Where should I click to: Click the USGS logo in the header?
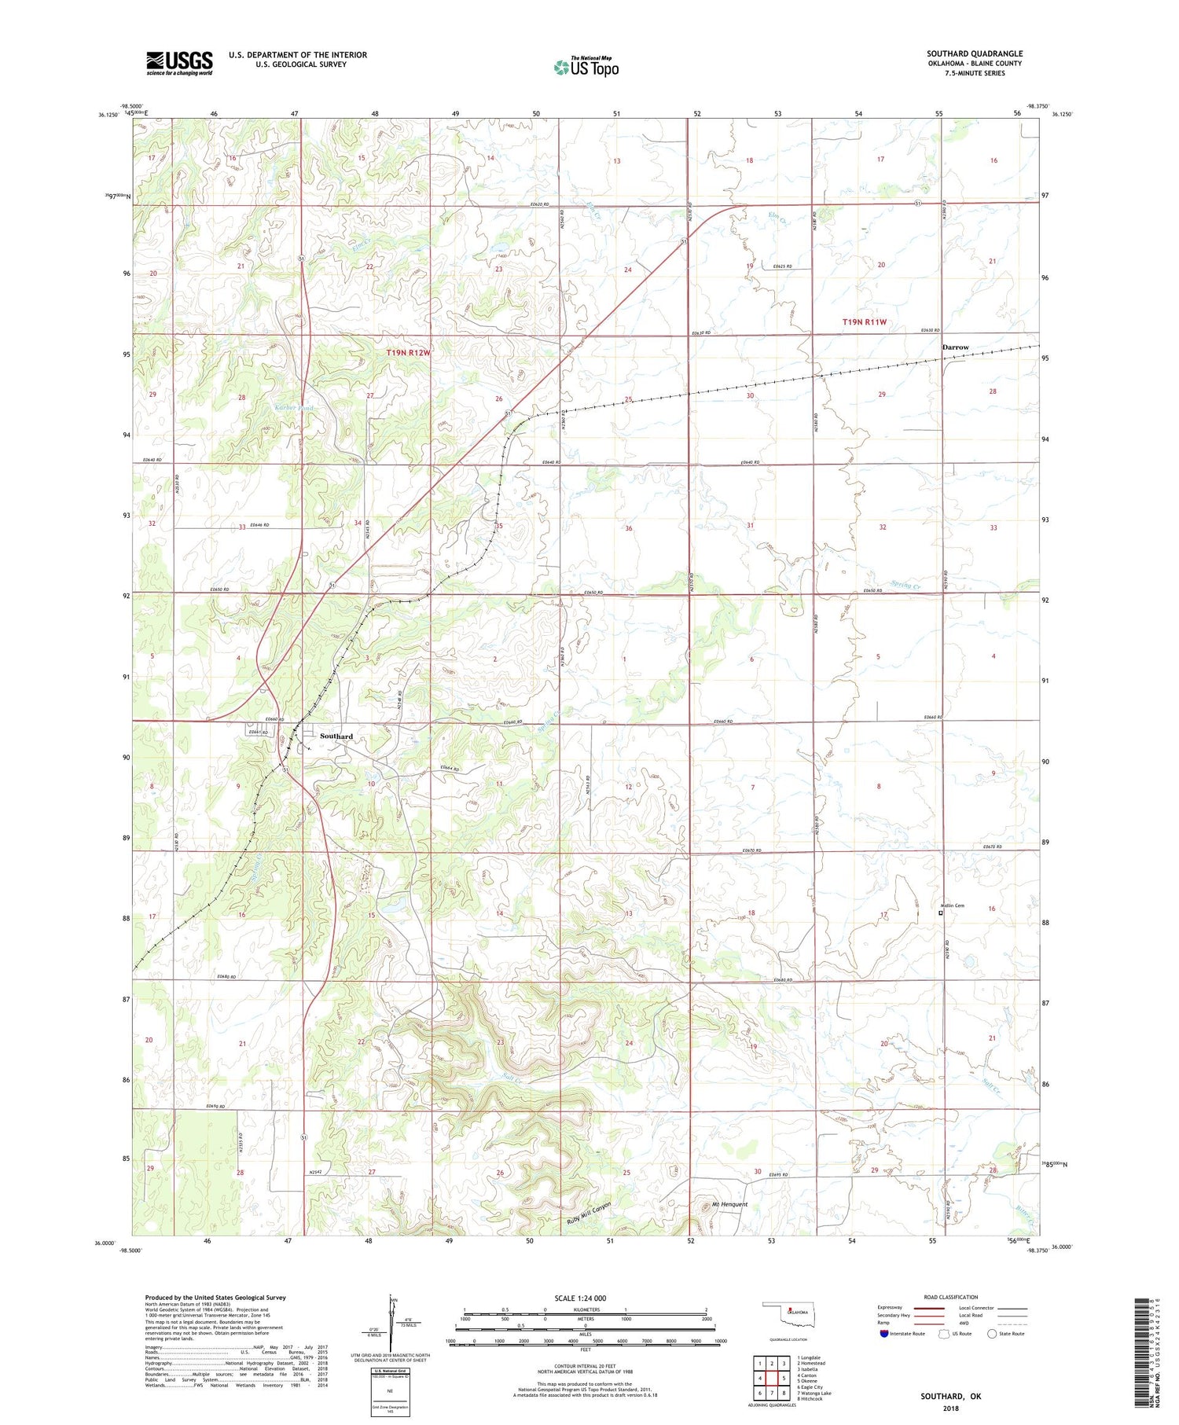click(179, 63)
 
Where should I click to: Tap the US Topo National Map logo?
click(586, 67)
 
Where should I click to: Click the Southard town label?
click(336, 736)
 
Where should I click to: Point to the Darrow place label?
click(955, 347)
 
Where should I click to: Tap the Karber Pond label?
click(295, 408)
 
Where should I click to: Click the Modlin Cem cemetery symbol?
click(941, 913)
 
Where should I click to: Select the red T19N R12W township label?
click(408, 353)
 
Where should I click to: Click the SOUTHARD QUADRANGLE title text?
click(974, 53)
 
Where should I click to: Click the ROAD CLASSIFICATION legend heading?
click(951, 1297)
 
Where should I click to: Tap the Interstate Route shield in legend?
click(883, 1334)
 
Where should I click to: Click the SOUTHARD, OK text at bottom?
click(951, 1396)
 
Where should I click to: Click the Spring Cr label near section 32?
click(905, 585)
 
